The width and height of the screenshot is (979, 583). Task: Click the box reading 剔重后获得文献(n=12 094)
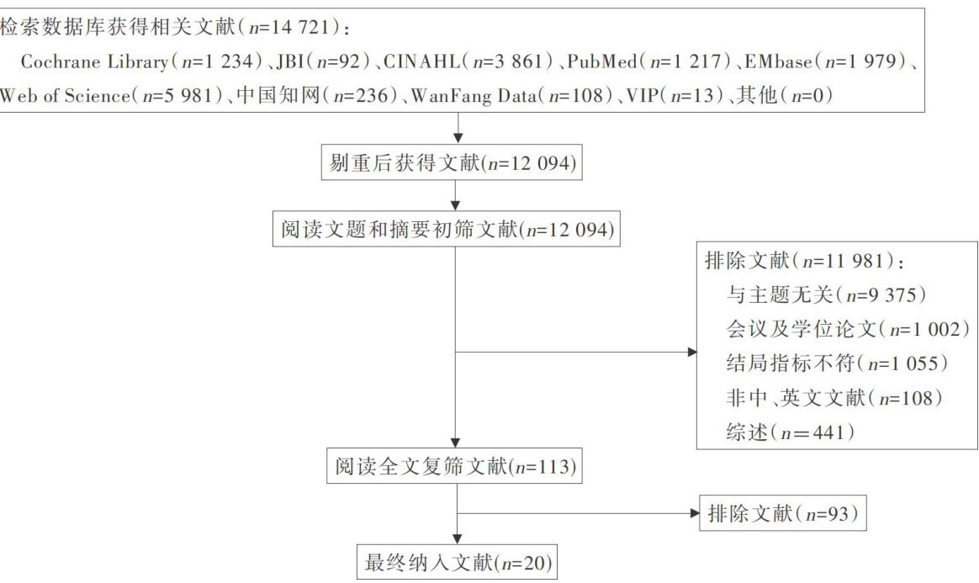(452, 163)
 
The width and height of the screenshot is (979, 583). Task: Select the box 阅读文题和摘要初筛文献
(446, 229)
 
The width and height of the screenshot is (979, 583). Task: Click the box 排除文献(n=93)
(782, 513)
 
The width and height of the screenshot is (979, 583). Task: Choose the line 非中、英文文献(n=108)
(833, 397)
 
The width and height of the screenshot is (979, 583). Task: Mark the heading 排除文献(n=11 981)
(804, 260)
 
